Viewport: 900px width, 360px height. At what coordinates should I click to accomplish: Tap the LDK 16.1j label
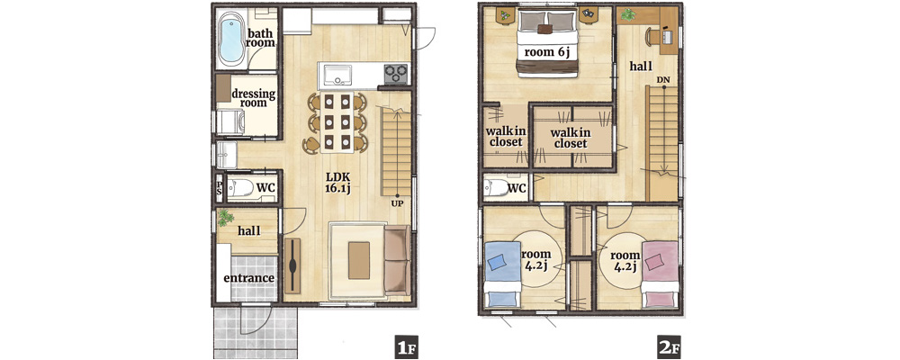337,183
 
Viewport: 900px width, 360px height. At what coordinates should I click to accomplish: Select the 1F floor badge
406,346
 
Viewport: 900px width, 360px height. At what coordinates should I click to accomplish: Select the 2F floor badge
669,346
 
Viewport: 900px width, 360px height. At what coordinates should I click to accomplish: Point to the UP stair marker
397,202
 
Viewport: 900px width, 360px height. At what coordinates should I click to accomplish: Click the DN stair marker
663,79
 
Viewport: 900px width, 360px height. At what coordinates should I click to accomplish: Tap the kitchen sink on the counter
338,75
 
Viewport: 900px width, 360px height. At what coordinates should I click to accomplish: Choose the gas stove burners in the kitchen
395,74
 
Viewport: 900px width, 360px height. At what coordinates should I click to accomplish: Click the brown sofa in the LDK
397,260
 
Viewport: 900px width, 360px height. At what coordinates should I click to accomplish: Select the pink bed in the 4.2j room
660,274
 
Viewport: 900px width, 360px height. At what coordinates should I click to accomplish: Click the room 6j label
547,51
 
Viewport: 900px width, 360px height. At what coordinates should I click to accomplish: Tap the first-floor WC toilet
239,188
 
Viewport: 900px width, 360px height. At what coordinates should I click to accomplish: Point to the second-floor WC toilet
495,188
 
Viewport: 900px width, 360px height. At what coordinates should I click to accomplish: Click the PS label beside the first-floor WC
219,188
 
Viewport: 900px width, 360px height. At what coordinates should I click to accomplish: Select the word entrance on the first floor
248,278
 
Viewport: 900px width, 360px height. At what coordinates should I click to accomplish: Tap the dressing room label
253,97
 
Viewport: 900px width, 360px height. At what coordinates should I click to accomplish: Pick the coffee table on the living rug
359,260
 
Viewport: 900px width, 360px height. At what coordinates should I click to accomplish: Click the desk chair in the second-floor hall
652,37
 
